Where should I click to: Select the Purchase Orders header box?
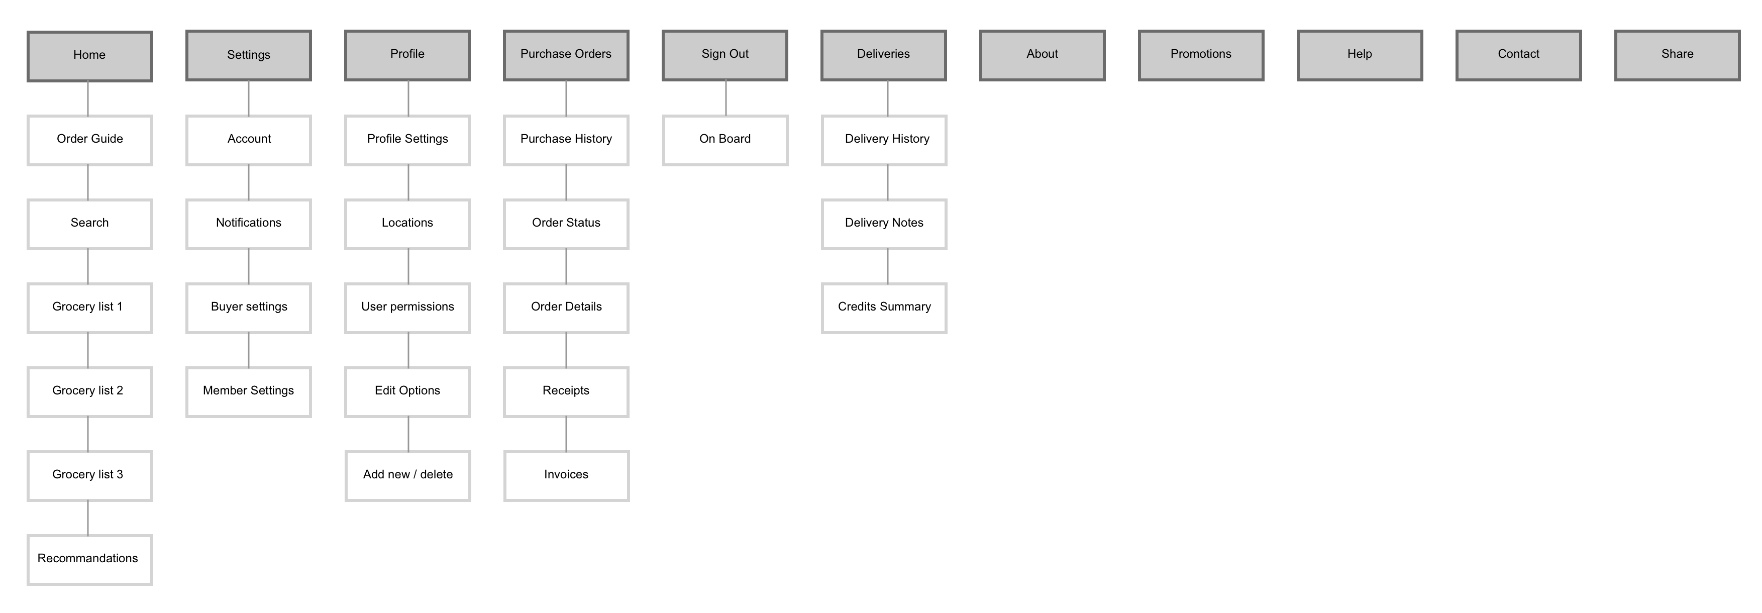[566, 55]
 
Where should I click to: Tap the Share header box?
[1677, 55]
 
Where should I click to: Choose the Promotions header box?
[1201, 55]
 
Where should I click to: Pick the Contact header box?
[1518, 55]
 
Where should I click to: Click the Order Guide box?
[89, 140]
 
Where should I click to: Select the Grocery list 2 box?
[89, 392]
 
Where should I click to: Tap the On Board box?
[725, 140]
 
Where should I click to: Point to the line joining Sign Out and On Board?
[725, 98]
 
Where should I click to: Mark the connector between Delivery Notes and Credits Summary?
[888, 266]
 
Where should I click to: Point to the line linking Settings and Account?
[248, 98]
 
